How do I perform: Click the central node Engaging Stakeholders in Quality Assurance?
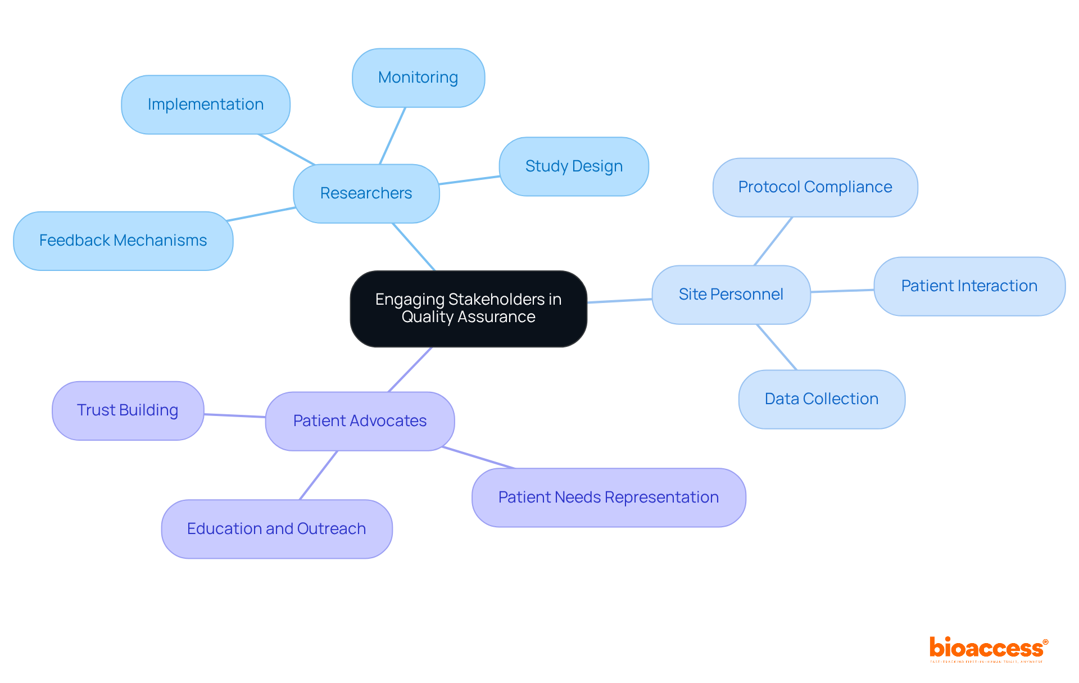coord(468,309)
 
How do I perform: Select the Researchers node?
coord(366,193)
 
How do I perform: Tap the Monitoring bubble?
coord(418,78)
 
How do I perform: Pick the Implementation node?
coord(206,105)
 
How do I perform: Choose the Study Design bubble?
coord(574,166)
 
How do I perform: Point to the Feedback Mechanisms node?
coord(123,241)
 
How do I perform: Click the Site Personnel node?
coord(731,295)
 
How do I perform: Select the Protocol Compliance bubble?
coord(815,187)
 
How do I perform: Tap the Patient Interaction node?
coord(969,286)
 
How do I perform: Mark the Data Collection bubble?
coord(821,399)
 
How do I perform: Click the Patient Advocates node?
coord(360,421)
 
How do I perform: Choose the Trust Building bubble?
coord(128,410)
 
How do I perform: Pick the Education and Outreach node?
coord(276,529)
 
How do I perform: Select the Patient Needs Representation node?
coord(609,497)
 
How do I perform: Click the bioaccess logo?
coord(988,649)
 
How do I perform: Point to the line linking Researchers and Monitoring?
coord(392,136)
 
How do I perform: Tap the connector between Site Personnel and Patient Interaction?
coord(842,291)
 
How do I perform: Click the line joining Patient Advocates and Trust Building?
coord(234,415)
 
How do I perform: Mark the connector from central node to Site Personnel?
coord(619,301)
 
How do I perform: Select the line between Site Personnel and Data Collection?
coord(777,347)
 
